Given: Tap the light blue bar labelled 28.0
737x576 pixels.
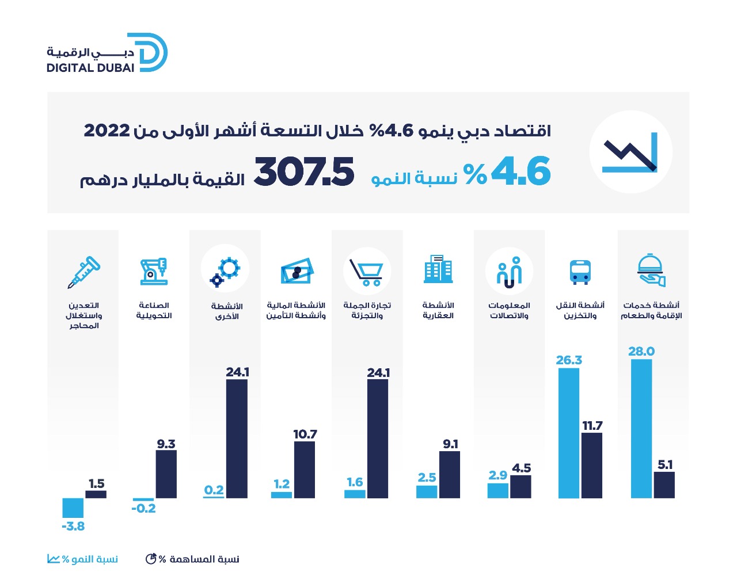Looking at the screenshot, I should pos(641,428).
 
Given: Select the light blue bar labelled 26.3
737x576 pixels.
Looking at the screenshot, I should pos(569,433).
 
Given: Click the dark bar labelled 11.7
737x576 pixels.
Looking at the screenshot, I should pos(592,465).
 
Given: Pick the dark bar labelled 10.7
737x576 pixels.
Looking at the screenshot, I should pos(305,470).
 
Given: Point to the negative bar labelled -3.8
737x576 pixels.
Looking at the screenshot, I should pos(73,508).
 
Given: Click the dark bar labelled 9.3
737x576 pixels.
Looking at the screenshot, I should pos(166,474).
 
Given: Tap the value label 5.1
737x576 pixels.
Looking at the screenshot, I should pos(665,464).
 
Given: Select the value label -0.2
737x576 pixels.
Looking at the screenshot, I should pos(143,509).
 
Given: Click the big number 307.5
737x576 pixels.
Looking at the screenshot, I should pos(304,172).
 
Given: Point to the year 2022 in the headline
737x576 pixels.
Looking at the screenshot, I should pos(107,130).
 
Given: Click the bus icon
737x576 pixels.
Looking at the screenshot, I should pos(580,272).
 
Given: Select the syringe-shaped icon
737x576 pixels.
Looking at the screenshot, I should pos(83,272).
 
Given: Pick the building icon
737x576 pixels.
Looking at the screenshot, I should pos(438,269).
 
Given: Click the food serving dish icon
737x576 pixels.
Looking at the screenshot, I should pos(651,270).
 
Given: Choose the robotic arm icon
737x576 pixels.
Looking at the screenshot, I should pos(154,271).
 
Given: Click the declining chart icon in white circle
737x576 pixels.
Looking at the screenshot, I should pos(630,153).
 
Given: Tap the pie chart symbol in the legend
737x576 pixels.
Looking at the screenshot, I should pos(151,559).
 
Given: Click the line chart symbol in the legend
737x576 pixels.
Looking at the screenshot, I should pos(54,559).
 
